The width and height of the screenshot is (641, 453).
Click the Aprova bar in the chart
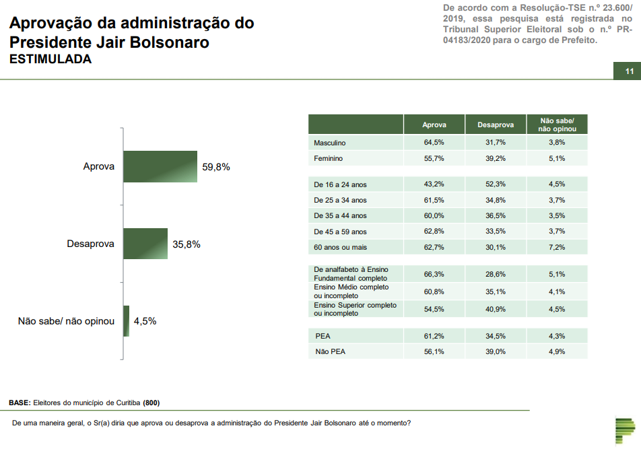click(160, 166)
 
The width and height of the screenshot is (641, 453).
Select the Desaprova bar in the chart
click(145, 244)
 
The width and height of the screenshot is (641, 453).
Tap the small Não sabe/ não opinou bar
click(126, 321)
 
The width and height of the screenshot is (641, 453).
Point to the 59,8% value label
click(216, 167)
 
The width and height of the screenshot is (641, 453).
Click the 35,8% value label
click(187, 244)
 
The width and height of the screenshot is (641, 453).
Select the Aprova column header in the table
click(434, 125)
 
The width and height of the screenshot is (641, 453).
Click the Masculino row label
click(330, 143)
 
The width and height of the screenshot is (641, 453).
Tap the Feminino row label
click(329, 159)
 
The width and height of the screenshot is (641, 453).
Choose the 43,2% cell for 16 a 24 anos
click(434, 184)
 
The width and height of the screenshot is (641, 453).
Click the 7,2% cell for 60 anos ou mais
click(556, 247)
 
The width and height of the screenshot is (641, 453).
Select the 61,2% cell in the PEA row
click(434, 336)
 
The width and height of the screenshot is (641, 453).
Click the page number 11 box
click(629, 72)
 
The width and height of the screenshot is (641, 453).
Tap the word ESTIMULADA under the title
click(50, 59)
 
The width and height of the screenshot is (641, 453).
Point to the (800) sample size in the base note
click(151, 403)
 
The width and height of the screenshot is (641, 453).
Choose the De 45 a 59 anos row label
click(340, 232)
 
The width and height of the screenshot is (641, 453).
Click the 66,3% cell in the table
click(434, 274)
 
